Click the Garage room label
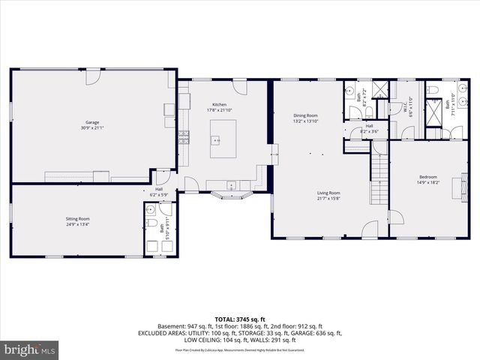[91, 125]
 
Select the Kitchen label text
[219, 107]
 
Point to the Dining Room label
[306, 118]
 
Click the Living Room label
[328, 195]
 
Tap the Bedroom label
[427, 179]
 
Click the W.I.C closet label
[405, 109]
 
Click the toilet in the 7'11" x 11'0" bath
[434, 91]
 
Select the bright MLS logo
[30, 349]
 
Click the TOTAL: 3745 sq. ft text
[240, 319]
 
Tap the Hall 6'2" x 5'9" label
[160, 192]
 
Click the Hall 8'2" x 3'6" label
[369, 129]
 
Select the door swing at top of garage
[92, 76]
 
